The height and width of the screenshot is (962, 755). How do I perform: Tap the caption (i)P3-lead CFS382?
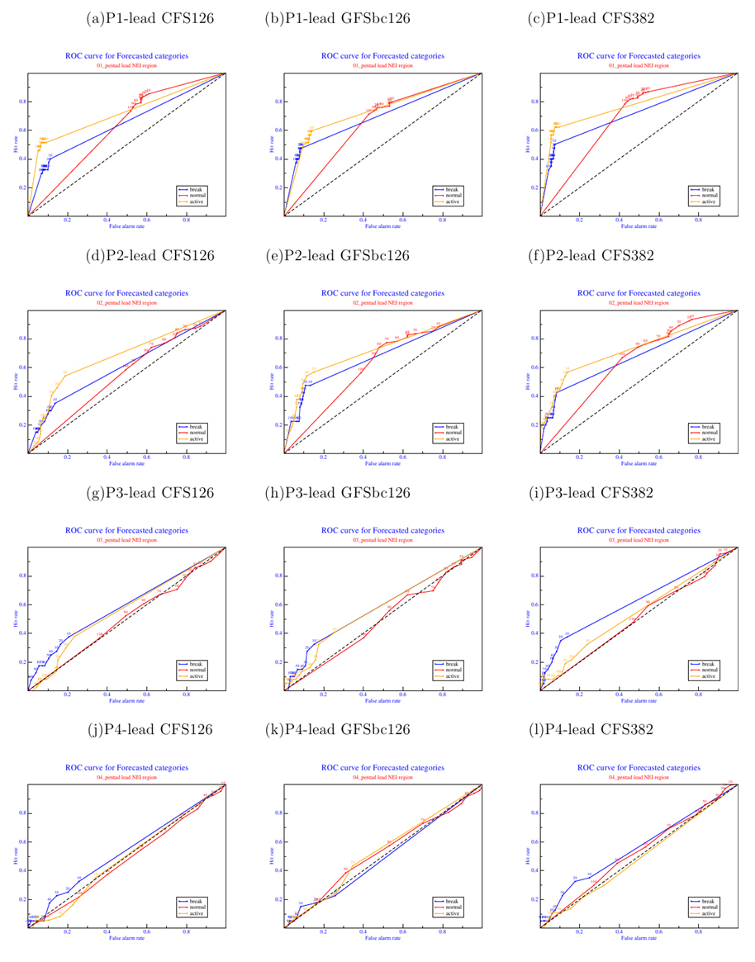pyautogui.click(x=591, y=493)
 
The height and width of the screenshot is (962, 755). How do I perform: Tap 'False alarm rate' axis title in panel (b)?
pyautogui.click(x=382, y=225)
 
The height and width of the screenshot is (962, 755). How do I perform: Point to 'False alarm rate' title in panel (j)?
pyautogui.click(x=126, y=937)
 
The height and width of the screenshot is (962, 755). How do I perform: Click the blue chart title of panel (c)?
pyautogui.click(x=639, y=56)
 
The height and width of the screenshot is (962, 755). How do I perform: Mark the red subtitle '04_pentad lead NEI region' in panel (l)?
pyautogui.click(x=639, y=778)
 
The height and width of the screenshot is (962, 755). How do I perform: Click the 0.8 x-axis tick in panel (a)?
pyautogui.click(x=186, y=220)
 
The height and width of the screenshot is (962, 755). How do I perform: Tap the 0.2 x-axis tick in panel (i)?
pyautogui.click(x=580, y=694)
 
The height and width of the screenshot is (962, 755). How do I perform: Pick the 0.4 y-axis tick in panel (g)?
pyautogui.click(x=22, y=633)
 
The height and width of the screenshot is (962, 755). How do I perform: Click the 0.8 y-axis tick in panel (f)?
pyautogui.click(x=534, y=339)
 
